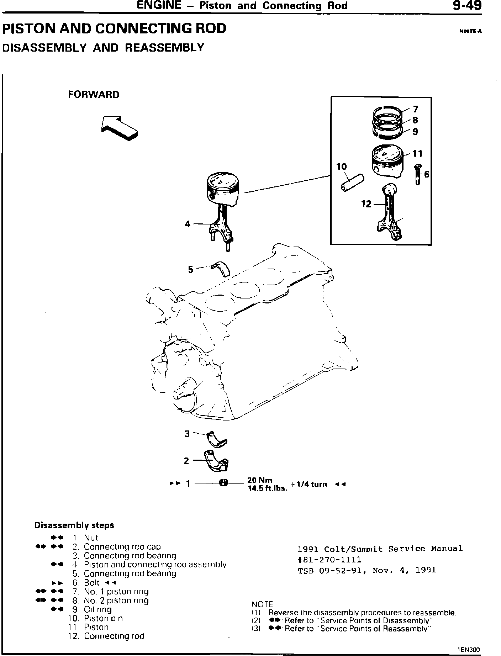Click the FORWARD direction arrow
119,128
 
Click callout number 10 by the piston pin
341,166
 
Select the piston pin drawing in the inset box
352,182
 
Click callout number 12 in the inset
366,204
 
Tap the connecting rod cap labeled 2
216,461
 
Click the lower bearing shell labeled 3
216,439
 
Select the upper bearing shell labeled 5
221,269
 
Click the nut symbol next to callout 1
223,483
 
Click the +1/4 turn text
308,484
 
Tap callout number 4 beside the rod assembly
188,224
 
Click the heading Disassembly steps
74,525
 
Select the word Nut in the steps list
91,538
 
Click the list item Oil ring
97,609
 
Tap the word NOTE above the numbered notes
262,604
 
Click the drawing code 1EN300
469,649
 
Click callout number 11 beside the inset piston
417,154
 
